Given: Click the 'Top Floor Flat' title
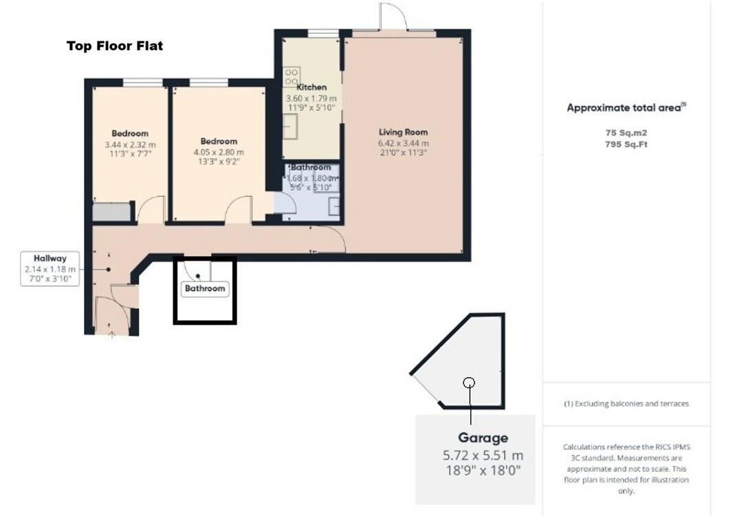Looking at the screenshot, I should click(x=114, y=46).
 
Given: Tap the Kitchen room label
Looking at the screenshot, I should click(x=311, y=87).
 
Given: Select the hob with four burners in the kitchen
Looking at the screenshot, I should click(x=289, y=75).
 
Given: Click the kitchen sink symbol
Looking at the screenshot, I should click(x=290, y=127).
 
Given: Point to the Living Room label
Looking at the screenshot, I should click(x=403, y=132).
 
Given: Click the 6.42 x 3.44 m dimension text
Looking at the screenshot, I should click(x=403, y=143).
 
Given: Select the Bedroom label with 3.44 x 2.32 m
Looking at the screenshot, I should click(x=130, y=133).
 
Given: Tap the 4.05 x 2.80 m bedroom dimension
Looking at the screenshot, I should click(x=218, y=152).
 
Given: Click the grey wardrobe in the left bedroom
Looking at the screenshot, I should click(x=111, y=212).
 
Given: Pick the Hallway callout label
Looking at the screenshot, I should click(x=50, y=259).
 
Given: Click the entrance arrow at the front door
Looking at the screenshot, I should click(x=111, y=334).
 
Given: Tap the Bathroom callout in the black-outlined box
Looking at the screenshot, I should click(x=204, y=288).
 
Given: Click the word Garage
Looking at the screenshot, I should click(x=483, y=438).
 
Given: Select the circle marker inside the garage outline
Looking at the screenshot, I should click(x=469, y=383).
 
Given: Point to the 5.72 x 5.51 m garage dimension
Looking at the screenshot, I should click(x=483, y=455).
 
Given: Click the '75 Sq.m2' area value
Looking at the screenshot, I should click(x=626, y=132).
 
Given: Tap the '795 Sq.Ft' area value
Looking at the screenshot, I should click(x=626, y=144).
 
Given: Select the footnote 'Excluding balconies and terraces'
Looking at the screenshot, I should click(x=626, y=404).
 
